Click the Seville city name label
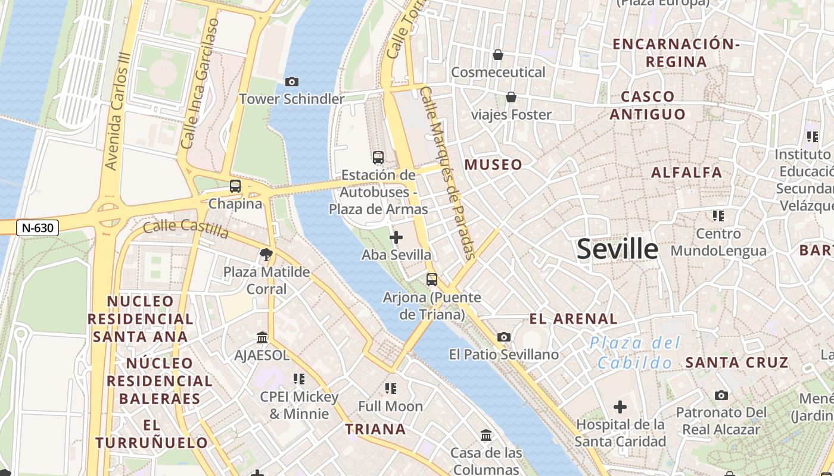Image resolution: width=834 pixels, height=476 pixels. [618, 249]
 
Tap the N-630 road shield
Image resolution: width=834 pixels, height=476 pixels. [37, 227]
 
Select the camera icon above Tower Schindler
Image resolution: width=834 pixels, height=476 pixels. [291, 82]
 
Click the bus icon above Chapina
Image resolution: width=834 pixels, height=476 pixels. [235, 186]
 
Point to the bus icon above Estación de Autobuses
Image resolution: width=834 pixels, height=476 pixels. [378, 157]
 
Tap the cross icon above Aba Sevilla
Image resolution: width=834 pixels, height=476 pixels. [396, 237]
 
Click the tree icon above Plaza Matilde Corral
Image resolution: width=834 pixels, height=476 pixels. [266, 255]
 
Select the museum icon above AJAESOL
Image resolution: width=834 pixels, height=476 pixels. [262, 337]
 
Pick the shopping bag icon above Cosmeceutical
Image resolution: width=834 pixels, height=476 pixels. [498, 55]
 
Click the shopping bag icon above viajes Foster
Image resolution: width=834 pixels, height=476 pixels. [511, 97]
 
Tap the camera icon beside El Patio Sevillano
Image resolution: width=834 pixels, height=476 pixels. [503, 337]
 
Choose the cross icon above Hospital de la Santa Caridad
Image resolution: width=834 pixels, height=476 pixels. [620, 407]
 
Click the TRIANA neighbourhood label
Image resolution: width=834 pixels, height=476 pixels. [375, 429]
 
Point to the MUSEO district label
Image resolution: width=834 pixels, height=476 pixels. [493, 165]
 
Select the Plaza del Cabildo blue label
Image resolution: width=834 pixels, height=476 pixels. [636, 353]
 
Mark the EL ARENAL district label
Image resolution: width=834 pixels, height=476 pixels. [574, 318]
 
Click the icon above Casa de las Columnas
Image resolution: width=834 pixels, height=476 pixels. [486, 435]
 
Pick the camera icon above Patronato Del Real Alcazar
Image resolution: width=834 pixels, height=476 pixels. [721, 395]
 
